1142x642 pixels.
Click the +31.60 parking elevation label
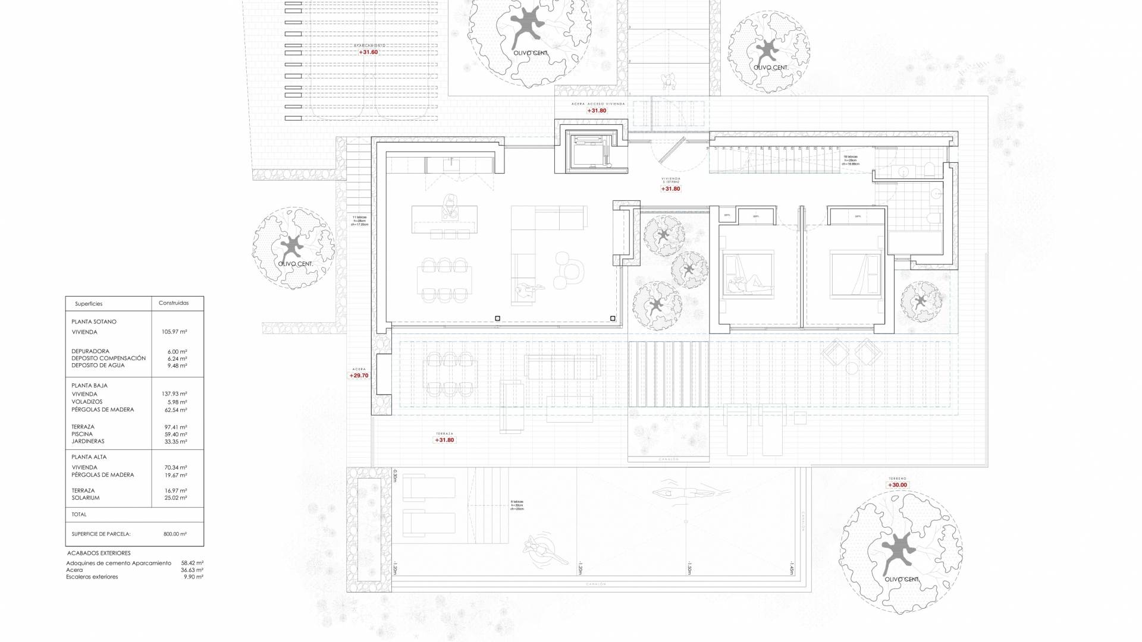click(368, 52)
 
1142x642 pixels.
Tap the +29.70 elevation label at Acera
click(359, 376)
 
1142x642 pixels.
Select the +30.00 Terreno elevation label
click(898, 485)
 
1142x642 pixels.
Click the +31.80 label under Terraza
click(444, 440)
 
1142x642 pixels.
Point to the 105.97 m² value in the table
click(174, 332)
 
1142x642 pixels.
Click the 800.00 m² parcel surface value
click(175, 534)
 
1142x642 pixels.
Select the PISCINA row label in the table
click(82, 435)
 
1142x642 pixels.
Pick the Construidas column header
click(174, 303)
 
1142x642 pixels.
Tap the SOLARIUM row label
click(85, 498)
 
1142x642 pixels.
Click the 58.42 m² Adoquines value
click(192, 563)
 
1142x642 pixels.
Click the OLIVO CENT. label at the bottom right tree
click(902, 580)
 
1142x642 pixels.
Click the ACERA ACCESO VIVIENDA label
click(598, 103)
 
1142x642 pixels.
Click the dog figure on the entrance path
click(670, 80)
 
